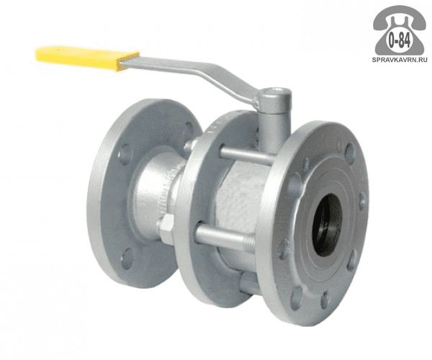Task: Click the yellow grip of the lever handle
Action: [x=87, y=58]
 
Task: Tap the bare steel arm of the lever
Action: [x=193, y=72]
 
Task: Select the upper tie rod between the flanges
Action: [x=246, y=155]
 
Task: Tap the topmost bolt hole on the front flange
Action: [x=350, y=152]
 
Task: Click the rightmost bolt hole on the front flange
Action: [x=362, y=200]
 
